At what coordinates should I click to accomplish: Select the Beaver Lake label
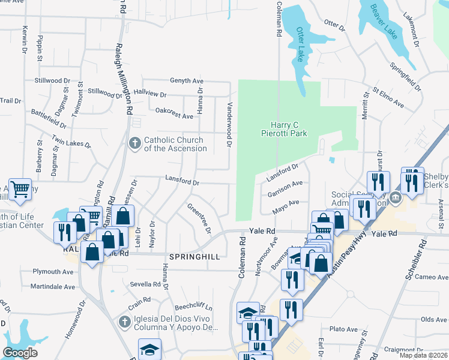pos(384,22)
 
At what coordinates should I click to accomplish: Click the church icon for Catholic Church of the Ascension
pos(134,143)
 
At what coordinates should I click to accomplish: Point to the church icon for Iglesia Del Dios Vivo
pos(125,322)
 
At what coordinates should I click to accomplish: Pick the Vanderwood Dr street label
pos(229,123)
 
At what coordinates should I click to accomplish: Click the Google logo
pos(20,353)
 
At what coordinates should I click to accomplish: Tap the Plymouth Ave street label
pos(54,272)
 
